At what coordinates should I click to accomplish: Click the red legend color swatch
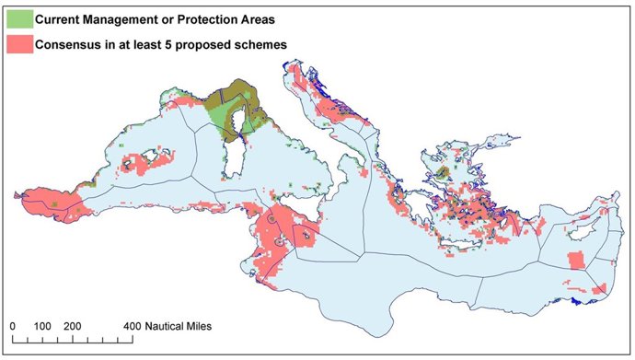(18, 43)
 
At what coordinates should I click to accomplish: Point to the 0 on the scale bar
(13, 328)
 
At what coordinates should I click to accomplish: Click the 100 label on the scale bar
(42, 328)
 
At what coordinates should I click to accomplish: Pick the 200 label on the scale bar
(73, 328)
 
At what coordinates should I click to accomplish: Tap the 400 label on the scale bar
(133, 328)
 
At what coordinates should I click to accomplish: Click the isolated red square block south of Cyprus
(577, 261)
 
